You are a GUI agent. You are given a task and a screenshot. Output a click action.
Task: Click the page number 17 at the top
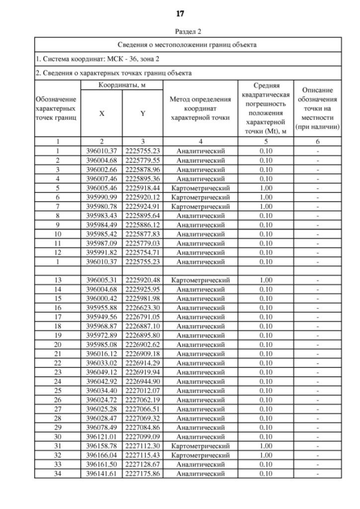(x=180, y=13)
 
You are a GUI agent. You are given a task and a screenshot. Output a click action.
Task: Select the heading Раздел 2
(x=180, y=31)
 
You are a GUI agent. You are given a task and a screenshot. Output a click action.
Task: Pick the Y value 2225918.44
(x=143, y=188)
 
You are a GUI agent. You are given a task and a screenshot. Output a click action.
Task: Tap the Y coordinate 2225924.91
(x=143, y=206)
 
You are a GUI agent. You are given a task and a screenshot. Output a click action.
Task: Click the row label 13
(x=58, y=280)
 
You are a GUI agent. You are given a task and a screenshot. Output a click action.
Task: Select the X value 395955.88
(x=101, y=308)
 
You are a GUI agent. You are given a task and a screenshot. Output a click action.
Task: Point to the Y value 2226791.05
(x=143, y=317)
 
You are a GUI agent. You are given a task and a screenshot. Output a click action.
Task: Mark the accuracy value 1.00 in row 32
(x=270, y=456)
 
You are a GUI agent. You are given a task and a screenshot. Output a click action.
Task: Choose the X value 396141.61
(x=101, y=474)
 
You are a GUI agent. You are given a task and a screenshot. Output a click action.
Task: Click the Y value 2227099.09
(x=143, y=437)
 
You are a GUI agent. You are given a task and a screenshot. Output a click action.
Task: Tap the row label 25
(x=58, y=391)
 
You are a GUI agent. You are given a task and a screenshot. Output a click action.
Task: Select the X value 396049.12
(x=101, y=372)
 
